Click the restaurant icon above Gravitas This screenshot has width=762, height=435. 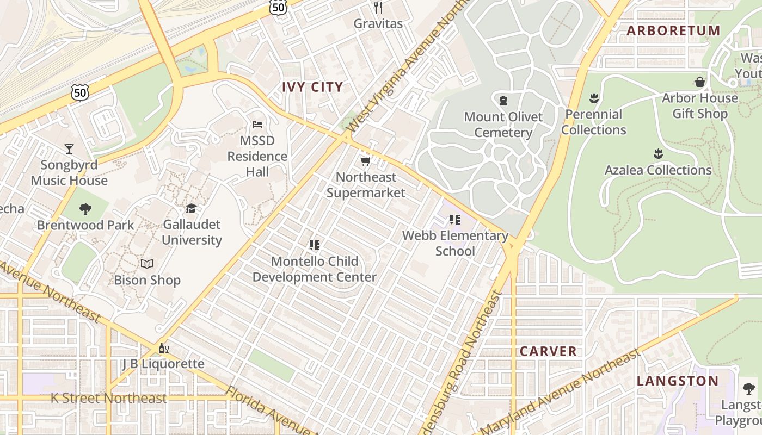(x=378, y=8)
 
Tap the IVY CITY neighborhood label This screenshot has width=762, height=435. (x=312, y=87)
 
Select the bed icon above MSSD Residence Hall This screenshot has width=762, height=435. (x=257, y=125)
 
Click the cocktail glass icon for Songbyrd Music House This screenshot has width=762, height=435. (x=69, y=148)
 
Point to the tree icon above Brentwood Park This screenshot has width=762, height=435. (x=85, y=209)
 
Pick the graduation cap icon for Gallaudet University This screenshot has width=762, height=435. (x=191, y=208)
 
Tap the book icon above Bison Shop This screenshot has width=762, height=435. (x=147, y=264)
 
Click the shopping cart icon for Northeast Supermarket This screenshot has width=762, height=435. (x=366, y=161)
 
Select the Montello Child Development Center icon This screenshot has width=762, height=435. (x=314, y=245)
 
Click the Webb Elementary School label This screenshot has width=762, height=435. (x=455, y=243)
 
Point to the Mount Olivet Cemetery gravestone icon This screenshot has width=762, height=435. (x=503, y=101)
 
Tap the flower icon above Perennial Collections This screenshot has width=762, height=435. (x=594, y=98)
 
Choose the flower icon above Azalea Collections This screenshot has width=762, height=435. (x=658, y=154)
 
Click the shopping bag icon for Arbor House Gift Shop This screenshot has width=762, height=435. (x=700, y=82)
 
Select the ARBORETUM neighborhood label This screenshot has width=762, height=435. (x=673, y=30)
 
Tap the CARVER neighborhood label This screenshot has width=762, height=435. (x=548, y=351)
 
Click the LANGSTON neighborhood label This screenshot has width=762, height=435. (x=678, y=381)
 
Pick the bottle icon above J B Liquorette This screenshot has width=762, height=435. (x=162, y=348)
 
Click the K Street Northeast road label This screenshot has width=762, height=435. (x=109, y=398)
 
